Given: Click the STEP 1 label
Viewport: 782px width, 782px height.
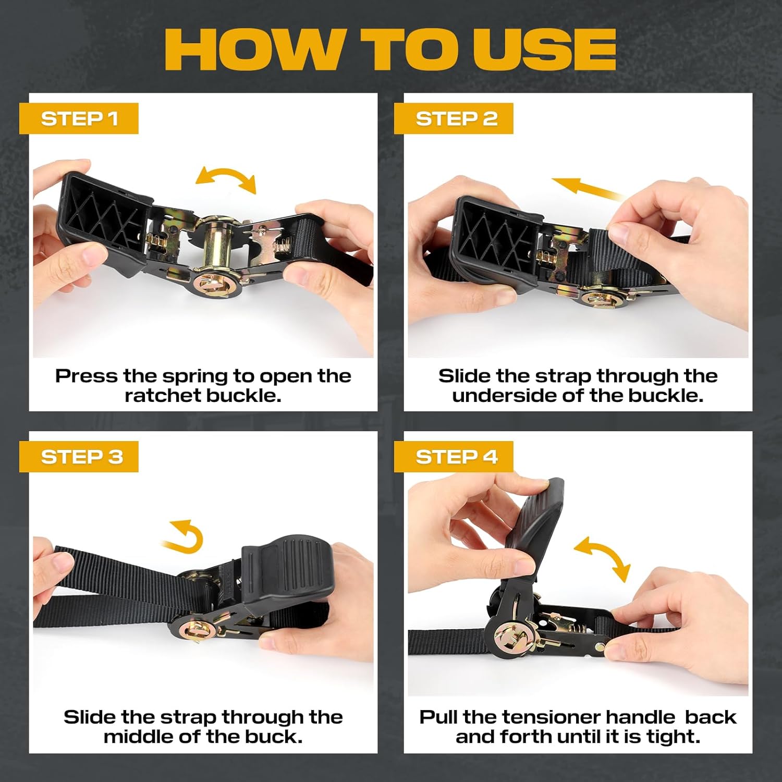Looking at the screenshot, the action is [x=79, y=119].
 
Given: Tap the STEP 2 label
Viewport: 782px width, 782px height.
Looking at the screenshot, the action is [x=454, y=119].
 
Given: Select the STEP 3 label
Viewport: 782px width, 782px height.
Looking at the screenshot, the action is [x=79, y=457].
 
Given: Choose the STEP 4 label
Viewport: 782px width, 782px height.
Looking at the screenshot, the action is [x=454, y=457].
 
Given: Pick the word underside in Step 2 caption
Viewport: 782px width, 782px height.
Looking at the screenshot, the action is [x=504, y=396].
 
